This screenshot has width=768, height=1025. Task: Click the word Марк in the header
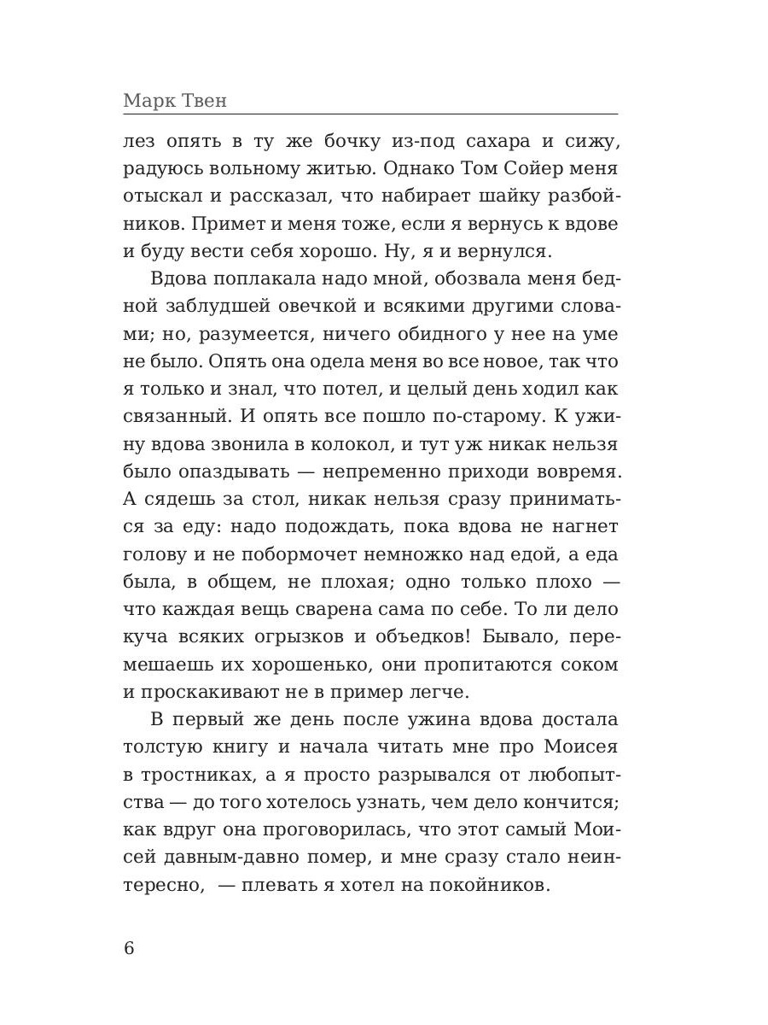[x=150, y=101]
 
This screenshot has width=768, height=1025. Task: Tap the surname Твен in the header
[x=205, y=101]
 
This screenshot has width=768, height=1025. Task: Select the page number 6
[x=130, y=948]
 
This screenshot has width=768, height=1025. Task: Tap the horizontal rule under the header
[x=370, y=115]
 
